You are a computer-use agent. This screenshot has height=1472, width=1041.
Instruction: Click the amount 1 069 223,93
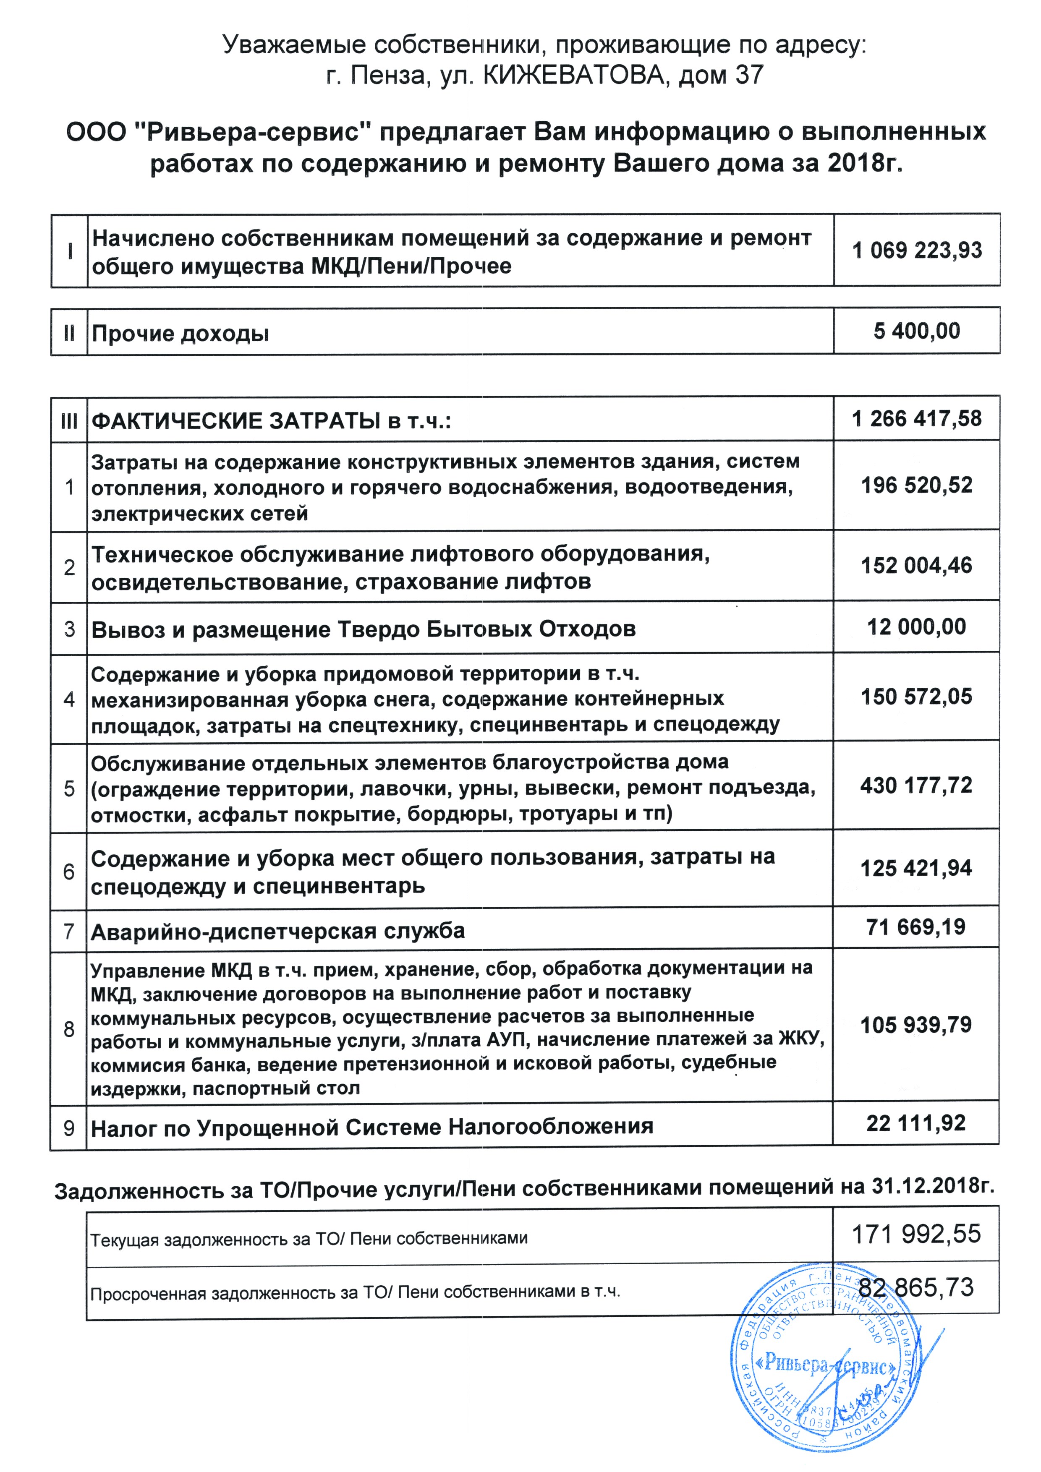pos(917,250)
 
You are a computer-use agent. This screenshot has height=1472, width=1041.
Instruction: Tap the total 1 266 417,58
pos(917,419)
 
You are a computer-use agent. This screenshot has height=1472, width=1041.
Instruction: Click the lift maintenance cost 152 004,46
pos(917,566)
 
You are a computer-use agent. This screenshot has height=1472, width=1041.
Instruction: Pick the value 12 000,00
pos(917,626)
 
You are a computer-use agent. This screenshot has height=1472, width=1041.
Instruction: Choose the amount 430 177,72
pos(917,786)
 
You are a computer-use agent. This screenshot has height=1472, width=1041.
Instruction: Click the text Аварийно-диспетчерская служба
pos(278,931)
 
